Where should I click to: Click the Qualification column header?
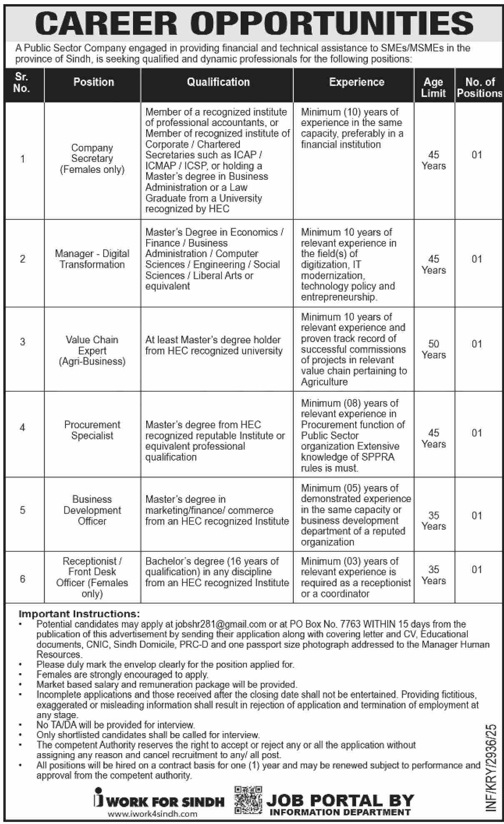(218, 82)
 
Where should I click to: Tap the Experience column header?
(357, 82)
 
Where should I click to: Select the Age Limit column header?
(433, 87)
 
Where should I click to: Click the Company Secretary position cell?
(92, 159)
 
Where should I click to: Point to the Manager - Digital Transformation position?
(92, 259)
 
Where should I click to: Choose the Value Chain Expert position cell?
(92, 350)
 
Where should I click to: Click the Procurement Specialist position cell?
(92, 430)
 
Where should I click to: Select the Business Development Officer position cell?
(92, 510)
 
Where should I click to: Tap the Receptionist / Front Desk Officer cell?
(92, 577)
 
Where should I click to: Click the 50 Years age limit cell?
(434, 349)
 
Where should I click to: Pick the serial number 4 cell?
(22, 427)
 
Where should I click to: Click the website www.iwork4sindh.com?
(152, 814)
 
